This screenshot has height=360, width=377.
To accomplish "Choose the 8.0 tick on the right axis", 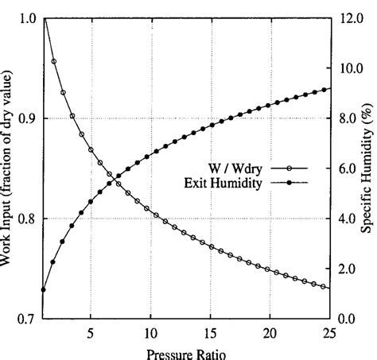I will (349, 118).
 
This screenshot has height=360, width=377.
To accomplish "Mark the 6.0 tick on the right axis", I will (349, 168).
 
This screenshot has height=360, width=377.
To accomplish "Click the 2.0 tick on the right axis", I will (349, 269).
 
